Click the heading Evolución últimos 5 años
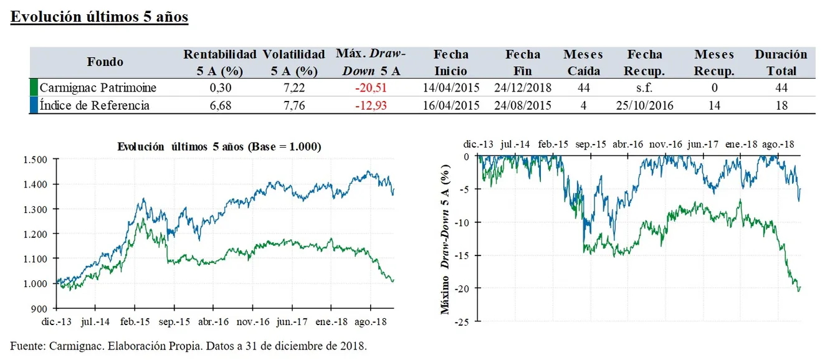tap(100, 17)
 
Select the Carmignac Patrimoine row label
tap(98, 88)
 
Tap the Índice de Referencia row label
tap(94, 105)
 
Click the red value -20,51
tap(371, 88)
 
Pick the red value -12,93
tap(371, 105)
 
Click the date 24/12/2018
tap(523, 88)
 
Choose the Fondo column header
tap(105, 62)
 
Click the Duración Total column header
tap(781, 62)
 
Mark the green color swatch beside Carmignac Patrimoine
tap(34, 87)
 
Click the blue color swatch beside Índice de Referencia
tap(34, 105)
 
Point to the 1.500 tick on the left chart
tap(35, 159)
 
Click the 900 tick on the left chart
tap(39, 309)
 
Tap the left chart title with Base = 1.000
tap(219, 147)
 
